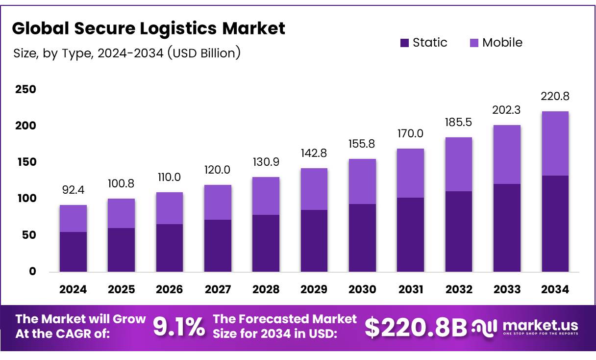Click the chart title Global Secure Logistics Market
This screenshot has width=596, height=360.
click(x=148, y=29)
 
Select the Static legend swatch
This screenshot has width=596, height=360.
click(x=404, y=43)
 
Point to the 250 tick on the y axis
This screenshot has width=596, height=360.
click(x=25, y=89)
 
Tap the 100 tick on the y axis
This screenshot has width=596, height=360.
click(x=25, y=199)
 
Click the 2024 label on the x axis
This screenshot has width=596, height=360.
click(x=73, y=289)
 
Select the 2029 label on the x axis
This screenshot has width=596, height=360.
click(x=314, y=289)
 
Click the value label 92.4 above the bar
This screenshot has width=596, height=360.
click(x=73, y=190)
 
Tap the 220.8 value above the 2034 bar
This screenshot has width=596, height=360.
click(x=555, y=96)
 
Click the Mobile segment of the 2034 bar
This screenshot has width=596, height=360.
click(x=555, y=143)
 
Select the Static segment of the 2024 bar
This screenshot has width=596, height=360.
click(x=73, y=252)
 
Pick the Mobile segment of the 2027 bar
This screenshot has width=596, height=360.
click(x=218, y=202)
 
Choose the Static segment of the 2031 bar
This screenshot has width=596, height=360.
click(x=411, y=234)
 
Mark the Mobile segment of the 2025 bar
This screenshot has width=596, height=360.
click(x=121, y=213)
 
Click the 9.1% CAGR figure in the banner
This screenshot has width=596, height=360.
click(x=179, y=328)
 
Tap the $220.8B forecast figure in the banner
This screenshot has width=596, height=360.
click(x=416, y=328)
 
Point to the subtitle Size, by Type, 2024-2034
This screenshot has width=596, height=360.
click(x=127, y=53)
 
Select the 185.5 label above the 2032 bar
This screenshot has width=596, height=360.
click(x=459, y=122)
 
